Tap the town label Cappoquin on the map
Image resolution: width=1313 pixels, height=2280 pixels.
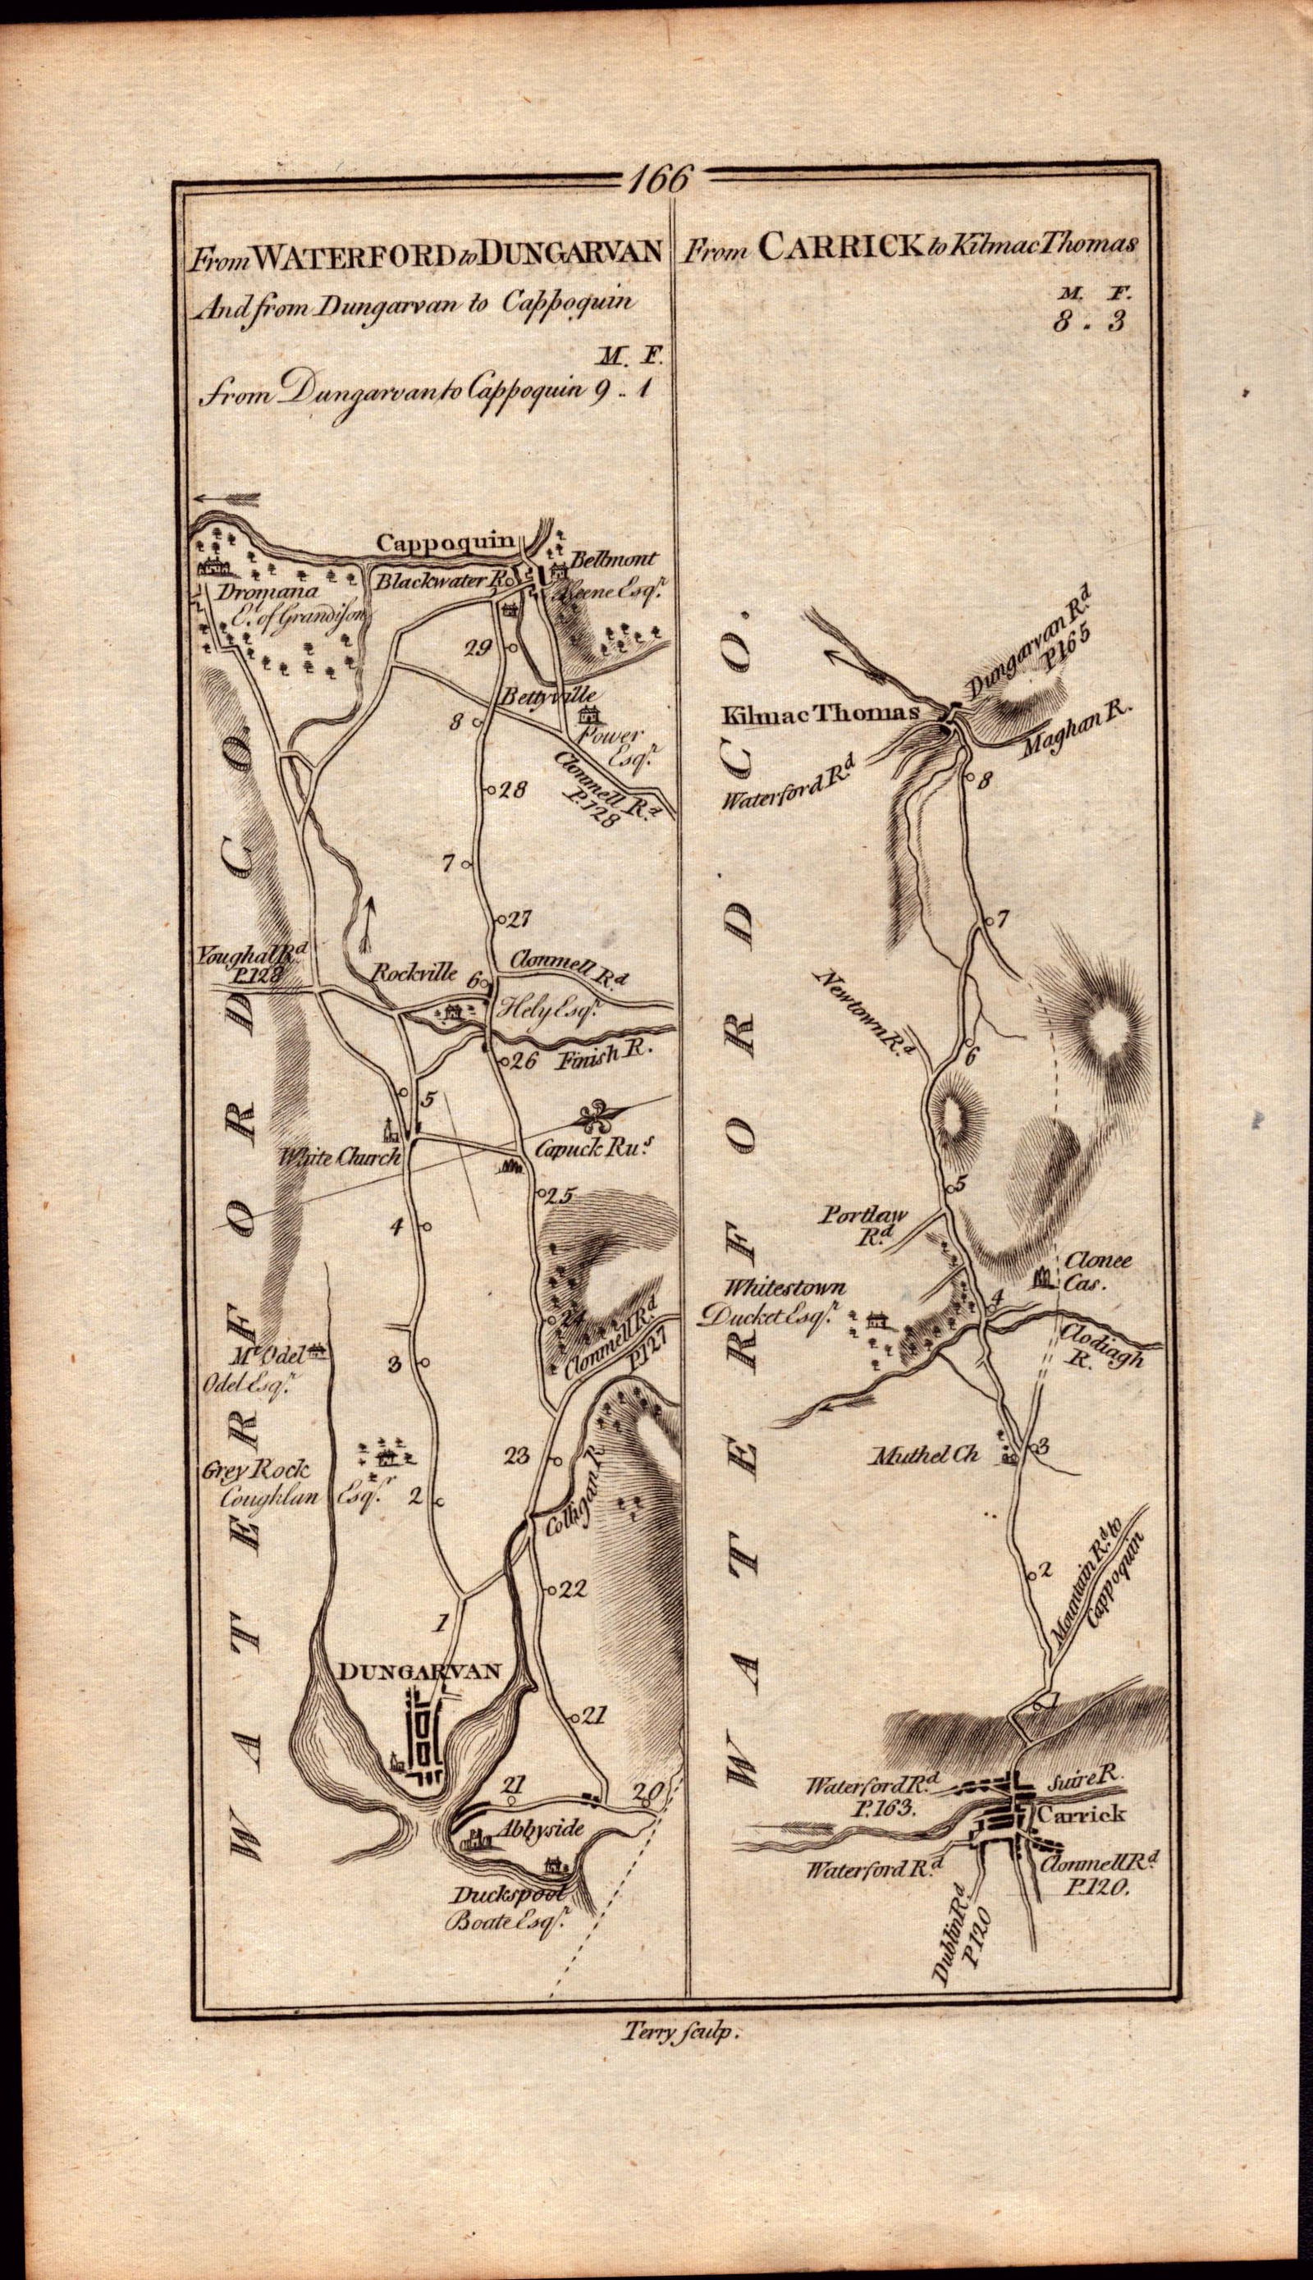click(446, 543)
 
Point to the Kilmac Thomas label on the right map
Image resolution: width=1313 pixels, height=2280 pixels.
click(820, 713)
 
